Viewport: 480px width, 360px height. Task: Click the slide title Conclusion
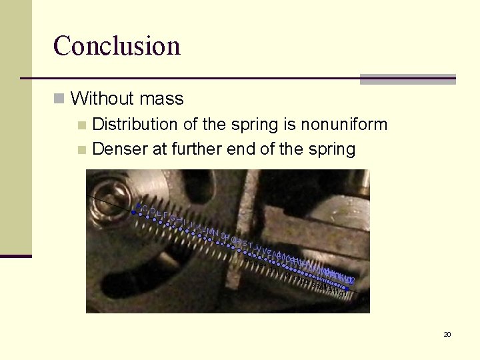tap(117, 46)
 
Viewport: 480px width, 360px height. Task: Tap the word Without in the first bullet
tap(97, 99)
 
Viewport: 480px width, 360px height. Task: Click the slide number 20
tap(447, 334)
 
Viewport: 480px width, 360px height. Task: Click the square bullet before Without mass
tap(60, 99)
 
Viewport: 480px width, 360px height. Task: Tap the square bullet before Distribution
tap(82, 125)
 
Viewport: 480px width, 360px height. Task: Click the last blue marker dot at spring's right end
tap(347, 289)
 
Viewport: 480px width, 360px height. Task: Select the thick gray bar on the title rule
tap(407, 79)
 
